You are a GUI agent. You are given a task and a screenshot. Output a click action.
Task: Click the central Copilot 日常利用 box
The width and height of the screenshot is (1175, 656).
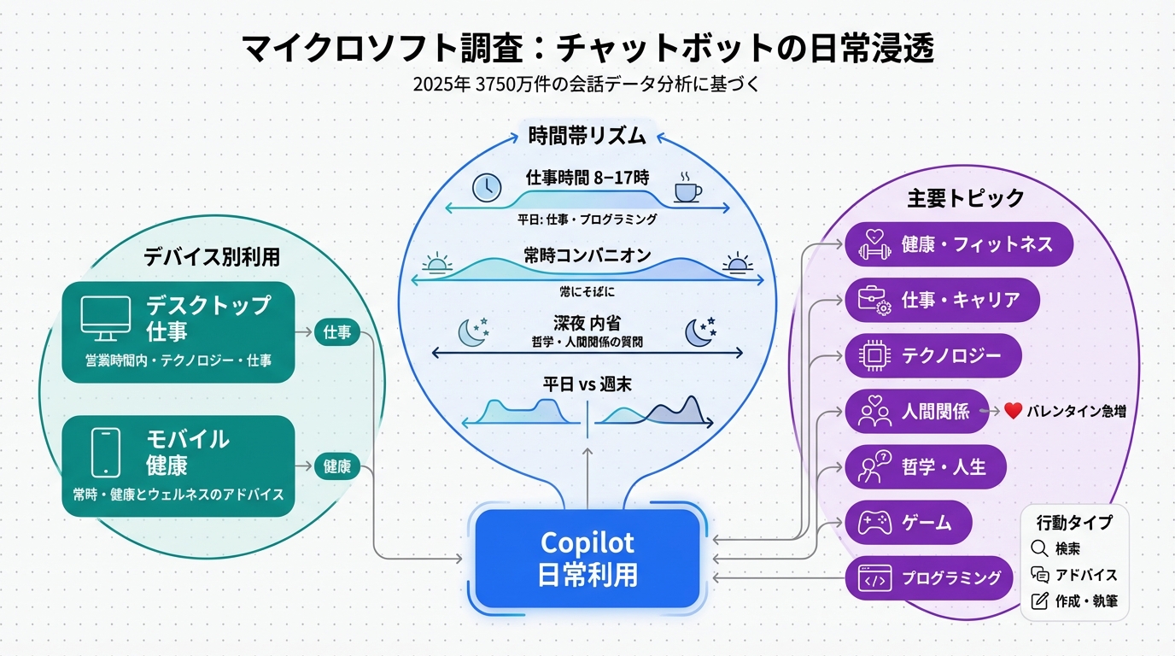coord(587,559)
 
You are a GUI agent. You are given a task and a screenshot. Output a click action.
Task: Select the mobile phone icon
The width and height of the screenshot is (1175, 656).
coord(104,453)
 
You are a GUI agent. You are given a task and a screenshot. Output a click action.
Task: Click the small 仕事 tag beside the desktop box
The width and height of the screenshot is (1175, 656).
coord(338,333)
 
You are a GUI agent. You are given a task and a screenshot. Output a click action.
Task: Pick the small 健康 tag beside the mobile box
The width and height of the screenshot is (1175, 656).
coord(338,466)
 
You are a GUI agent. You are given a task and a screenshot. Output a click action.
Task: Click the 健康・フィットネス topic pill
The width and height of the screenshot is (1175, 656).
coord(958,245)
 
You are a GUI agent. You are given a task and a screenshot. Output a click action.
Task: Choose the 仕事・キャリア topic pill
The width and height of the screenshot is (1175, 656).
coord(942,300)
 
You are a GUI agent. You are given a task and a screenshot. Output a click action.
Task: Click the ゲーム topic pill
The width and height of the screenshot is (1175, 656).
coord(908,523)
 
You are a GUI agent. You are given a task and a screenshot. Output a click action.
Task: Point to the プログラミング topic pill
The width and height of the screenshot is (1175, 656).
coord(928,578)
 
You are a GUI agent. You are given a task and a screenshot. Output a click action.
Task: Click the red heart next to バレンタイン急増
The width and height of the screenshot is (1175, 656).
coord(1013,411)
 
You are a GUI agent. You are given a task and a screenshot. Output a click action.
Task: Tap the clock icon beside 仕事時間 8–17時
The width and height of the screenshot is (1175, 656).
coord(487,187)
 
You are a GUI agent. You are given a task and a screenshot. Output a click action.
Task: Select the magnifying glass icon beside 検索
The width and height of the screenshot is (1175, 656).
coord(1039,549)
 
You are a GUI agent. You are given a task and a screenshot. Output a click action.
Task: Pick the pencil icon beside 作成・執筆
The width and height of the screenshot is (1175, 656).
coord(1039,600)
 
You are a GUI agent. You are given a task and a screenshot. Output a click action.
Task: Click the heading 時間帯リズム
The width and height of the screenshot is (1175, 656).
coord(588,135)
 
